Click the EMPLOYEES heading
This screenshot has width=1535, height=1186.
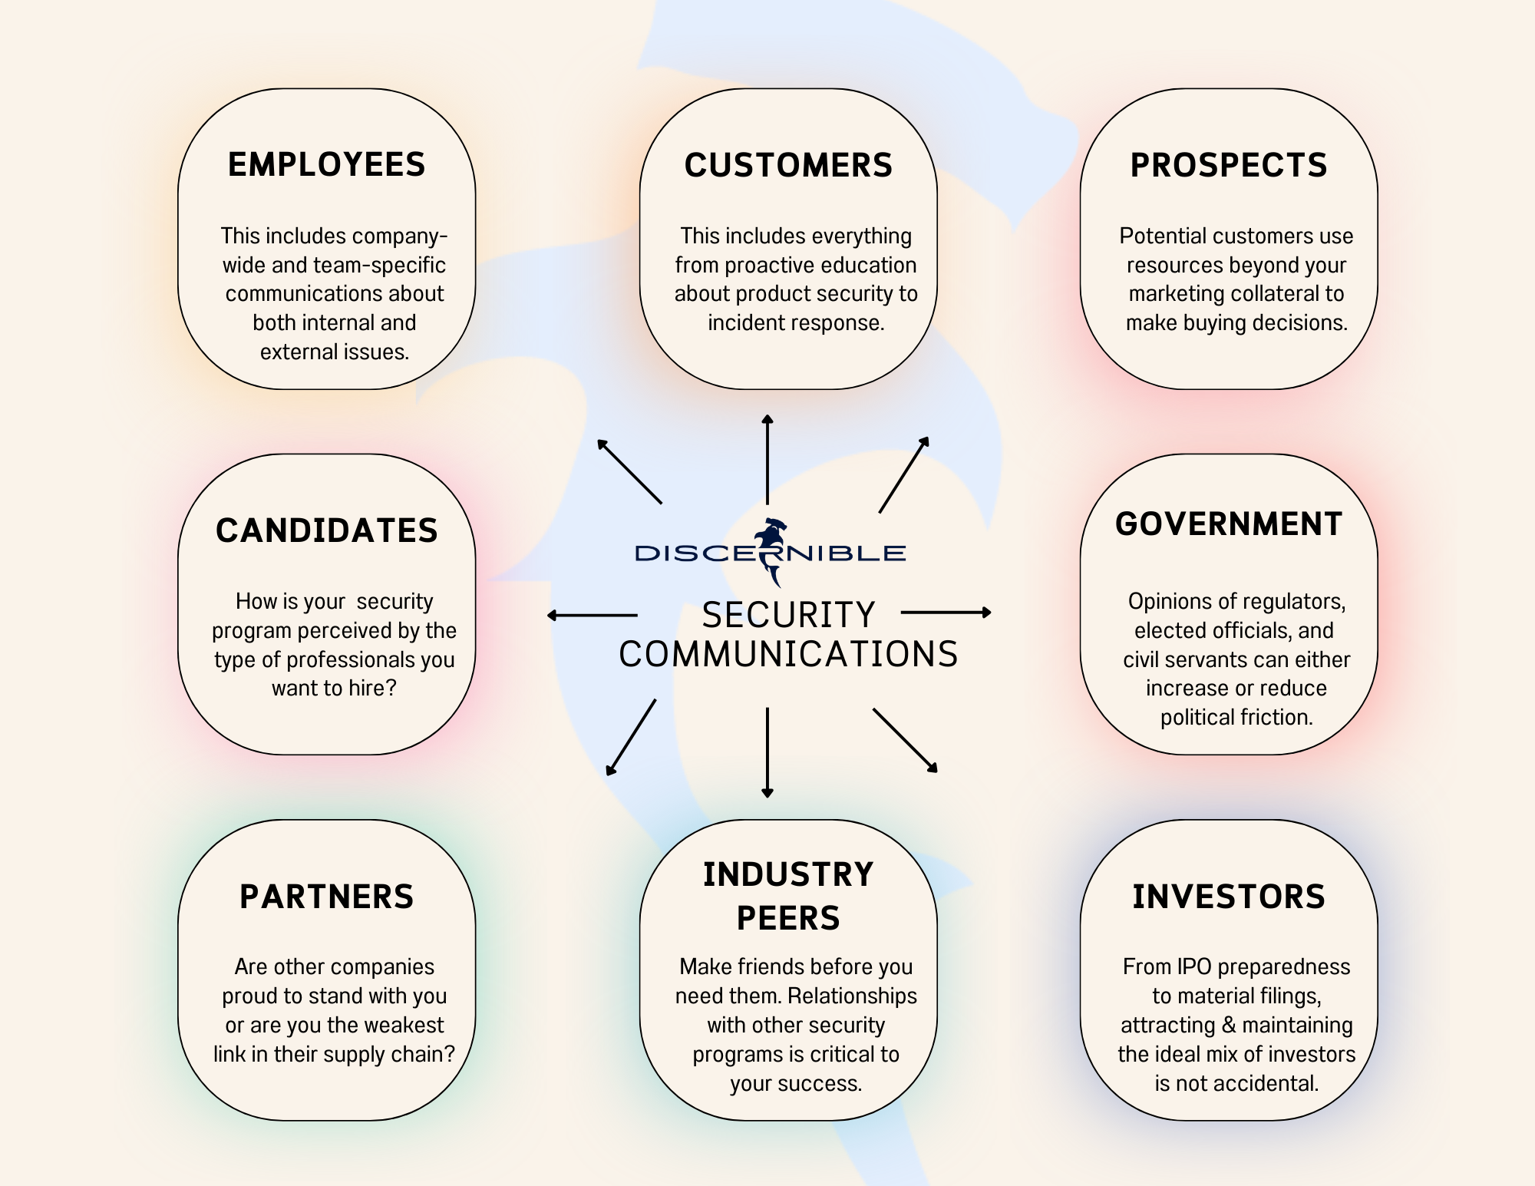(326, 165)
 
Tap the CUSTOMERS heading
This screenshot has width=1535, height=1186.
(788, 166)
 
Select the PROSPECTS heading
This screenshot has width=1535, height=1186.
(1229, 166)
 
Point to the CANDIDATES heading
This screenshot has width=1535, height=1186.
(326, 531)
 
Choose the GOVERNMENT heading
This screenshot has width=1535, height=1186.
(1229, 524)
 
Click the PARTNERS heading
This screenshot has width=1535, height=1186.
(326, 897)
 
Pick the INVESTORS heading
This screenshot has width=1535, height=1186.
(1229, 897)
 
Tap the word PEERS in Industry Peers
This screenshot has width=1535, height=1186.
(788, 918)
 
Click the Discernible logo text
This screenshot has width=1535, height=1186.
(770, 553)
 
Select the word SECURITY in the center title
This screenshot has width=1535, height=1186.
(788, 615)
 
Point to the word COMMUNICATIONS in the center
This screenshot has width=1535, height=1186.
(788, 655)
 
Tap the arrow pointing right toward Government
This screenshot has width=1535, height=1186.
(946, 613)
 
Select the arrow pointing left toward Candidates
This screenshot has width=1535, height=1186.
(593, 615)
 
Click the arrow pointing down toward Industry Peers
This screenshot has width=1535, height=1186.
(767, 752)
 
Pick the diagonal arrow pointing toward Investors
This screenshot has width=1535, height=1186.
(905, 739)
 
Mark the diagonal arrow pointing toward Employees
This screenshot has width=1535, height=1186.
(629, 471)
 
